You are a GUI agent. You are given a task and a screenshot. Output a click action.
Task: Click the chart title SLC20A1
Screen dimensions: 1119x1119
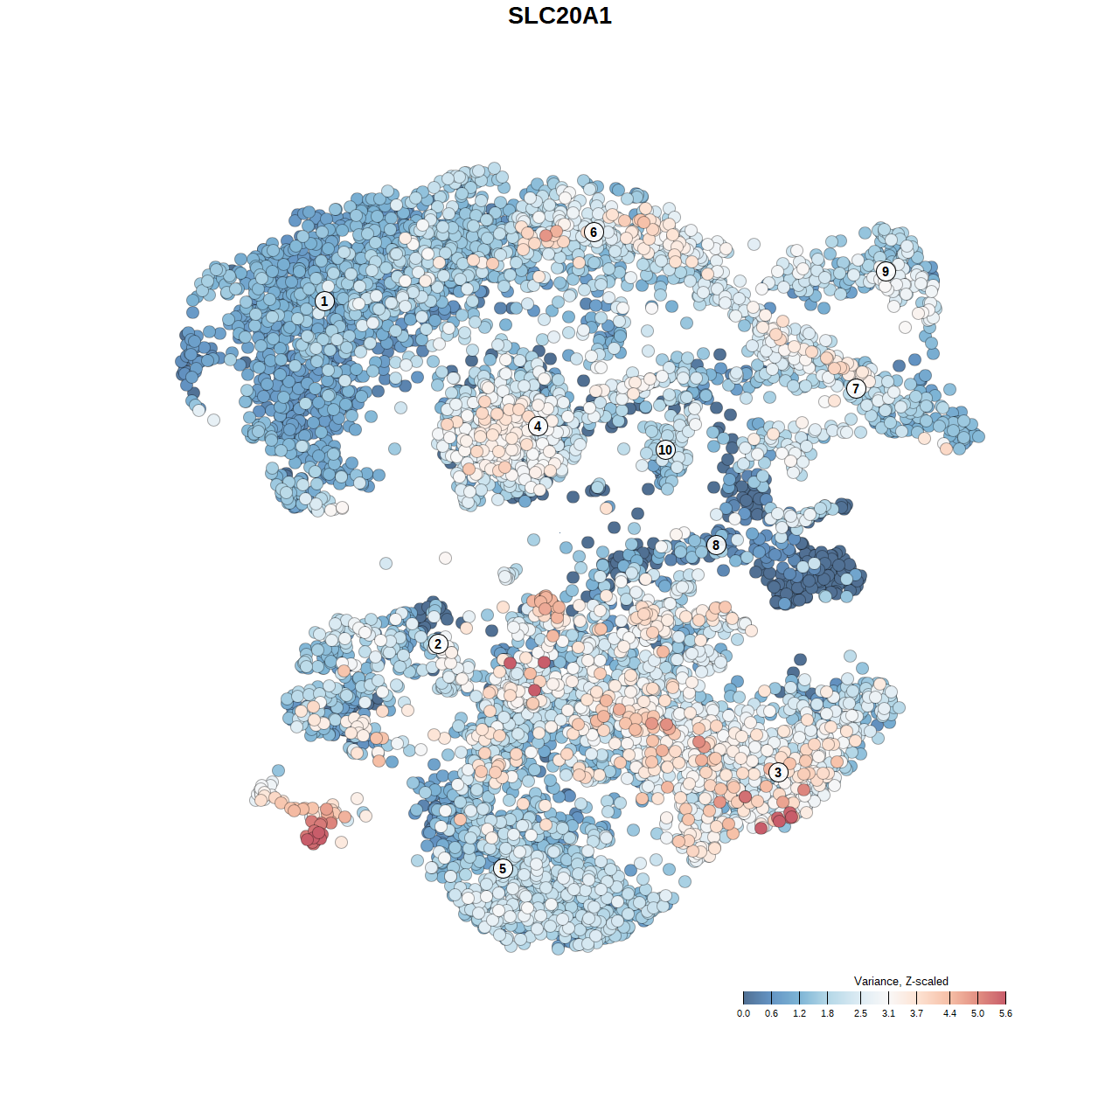[x=559, y=16]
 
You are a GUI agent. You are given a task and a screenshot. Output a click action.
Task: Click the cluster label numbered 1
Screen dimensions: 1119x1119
[x=324, y=301]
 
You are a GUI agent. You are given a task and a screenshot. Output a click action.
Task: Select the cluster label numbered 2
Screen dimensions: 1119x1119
[x=438, y=644]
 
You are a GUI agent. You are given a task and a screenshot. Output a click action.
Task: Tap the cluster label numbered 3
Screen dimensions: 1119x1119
[x=778, y=772]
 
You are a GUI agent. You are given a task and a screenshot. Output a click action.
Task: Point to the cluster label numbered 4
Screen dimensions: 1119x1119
[x=538, y=426]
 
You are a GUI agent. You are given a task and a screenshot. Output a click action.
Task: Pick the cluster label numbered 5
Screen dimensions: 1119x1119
[x=503, y=868]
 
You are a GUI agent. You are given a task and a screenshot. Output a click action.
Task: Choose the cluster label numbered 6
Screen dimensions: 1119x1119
[x=594, y=232]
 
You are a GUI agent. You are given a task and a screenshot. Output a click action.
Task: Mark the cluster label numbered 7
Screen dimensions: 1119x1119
[x=856, y=388]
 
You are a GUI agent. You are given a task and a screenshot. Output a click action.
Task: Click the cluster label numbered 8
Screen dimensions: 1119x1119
[x=716, y=546]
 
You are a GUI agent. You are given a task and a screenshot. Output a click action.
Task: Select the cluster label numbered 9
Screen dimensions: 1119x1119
[x=886, y=271]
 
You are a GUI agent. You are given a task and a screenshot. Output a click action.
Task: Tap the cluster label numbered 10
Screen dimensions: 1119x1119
[x=665, y=449]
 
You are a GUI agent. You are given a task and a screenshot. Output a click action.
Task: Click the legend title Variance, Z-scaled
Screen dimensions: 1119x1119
[x=900, y=981]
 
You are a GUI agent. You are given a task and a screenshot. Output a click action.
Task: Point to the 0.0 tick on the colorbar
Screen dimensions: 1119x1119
[x=743, y=997]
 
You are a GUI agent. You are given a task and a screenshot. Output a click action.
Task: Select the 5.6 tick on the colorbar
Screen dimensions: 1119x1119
[x=1005, y=997]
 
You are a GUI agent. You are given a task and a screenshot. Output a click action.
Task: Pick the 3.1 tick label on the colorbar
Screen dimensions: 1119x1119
[x=888, y=1014]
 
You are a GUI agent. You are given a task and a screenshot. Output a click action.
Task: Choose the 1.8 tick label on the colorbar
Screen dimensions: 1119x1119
[x=827, y=1014]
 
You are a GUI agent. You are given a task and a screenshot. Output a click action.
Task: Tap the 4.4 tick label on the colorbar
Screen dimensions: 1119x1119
[x=949, y=1014]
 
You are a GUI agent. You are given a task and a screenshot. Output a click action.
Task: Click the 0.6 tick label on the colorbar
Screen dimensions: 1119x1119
[x=771, y=1014]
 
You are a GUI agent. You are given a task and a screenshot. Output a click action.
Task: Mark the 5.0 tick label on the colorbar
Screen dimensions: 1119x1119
[x=977, y=1014]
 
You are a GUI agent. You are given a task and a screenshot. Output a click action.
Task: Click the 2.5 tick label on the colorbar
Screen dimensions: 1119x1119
[x=860, y=1014]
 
